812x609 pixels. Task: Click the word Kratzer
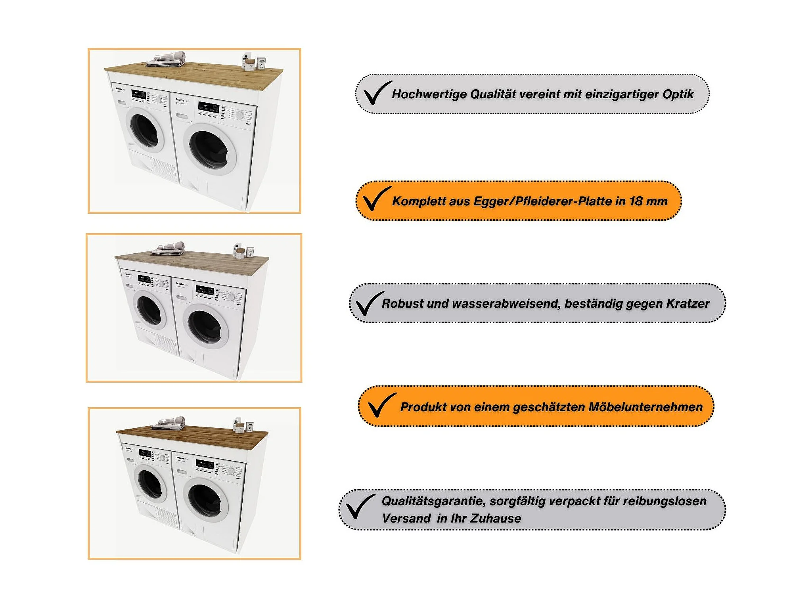pyautogui.click(x=688, y=303)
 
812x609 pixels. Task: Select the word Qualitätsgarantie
pyautogui.click(x=433, y=501)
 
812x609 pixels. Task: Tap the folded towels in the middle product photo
pyautogui.click(x=169, y=249)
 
